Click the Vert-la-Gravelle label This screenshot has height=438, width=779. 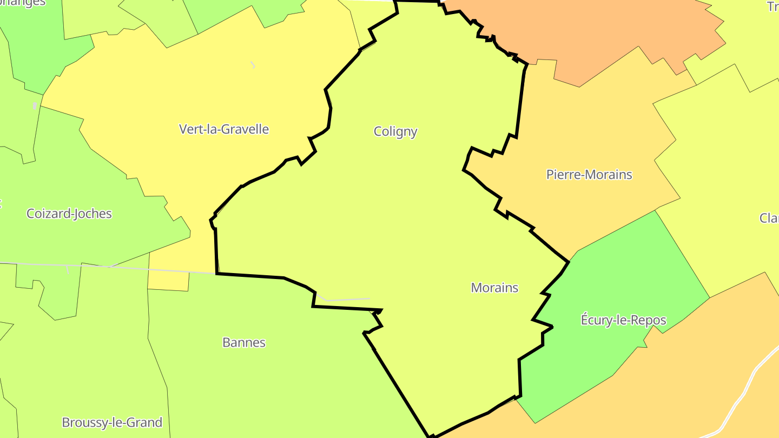[223, 129]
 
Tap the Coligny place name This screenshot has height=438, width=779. [395, 131]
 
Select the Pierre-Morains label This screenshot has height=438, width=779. [589, 175]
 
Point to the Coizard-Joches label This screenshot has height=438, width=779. [69, 214]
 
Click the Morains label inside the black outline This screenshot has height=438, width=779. [494, 288]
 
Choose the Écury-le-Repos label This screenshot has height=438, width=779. [623, 320]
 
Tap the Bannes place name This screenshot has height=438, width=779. [244, 342]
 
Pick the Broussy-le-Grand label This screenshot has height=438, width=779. [112, 422]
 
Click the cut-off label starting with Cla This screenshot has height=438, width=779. [769, 218]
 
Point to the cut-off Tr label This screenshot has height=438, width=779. [773, 6]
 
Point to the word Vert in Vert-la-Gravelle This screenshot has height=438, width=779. [190, 129]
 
